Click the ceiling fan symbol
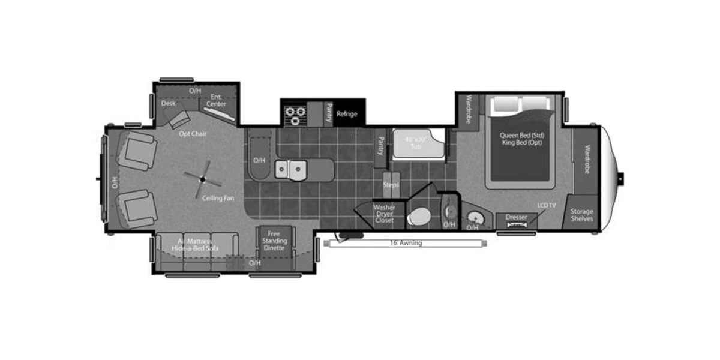203,178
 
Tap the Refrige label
347,114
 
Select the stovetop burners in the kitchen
295,114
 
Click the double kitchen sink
290,170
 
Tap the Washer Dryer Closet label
384,214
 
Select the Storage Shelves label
581,215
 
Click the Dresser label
516,217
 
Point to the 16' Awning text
406,243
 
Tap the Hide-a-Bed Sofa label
195,248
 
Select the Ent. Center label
217,100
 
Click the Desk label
168,103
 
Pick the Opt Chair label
193,134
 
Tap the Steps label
391,185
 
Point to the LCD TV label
547,206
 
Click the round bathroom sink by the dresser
475,217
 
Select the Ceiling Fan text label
218,198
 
